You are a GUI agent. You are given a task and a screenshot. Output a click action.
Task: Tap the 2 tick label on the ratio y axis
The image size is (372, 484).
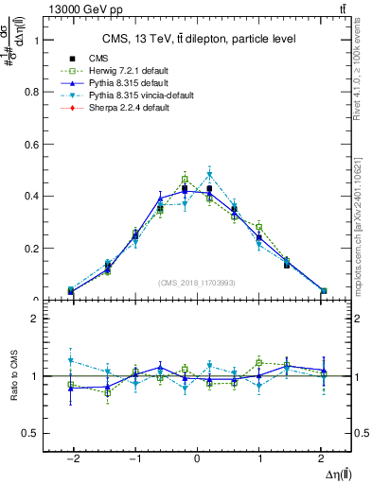(39, 320)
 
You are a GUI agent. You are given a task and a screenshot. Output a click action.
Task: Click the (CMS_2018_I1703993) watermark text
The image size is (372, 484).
(198, 283)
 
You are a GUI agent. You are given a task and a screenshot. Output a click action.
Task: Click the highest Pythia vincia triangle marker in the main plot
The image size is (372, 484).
(210, 174)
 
